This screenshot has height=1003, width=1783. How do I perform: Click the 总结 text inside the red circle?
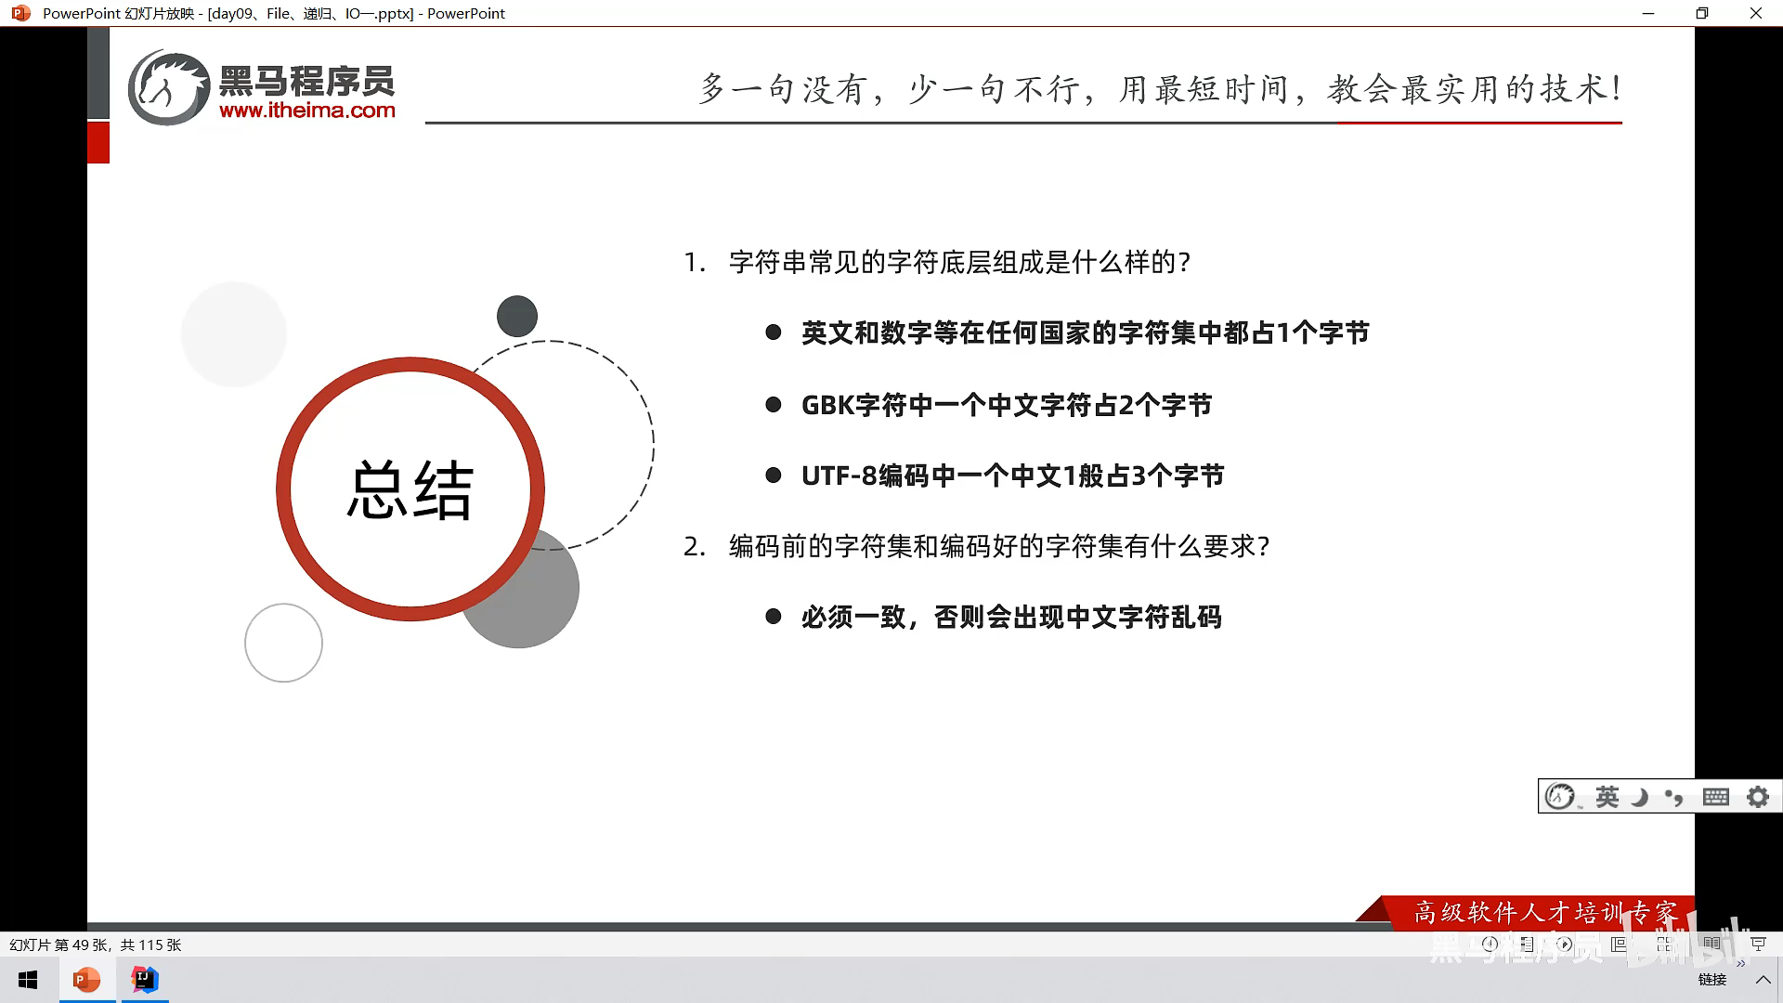pos(410,488)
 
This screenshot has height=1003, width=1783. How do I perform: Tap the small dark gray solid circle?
pos(517,316)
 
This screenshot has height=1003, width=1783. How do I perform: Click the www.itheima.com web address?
pos(307,111)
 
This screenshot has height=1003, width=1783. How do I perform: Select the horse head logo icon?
pos(168,87)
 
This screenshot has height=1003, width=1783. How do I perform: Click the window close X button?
pos(1755,13)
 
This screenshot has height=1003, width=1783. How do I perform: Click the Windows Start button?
pos(28,980)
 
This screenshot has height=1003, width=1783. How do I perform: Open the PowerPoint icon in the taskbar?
pos(87,980)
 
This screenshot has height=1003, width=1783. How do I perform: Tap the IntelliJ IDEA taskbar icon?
pos(145,980)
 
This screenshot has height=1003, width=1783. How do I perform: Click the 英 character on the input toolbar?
pos(1607,797)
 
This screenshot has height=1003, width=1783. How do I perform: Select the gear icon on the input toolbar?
pos(1758,797)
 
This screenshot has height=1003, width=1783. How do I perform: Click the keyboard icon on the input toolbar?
pos(1716,797)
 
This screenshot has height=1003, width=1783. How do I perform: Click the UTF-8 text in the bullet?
pos(839,475)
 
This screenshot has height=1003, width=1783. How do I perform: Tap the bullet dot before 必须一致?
pos(774,617)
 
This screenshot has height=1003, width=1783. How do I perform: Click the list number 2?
pos(694,546)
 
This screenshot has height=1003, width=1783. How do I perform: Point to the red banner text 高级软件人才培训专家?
pos(1546,913)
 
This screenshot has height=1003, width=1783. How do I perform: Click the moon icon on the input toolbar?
pos(1641,797)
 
